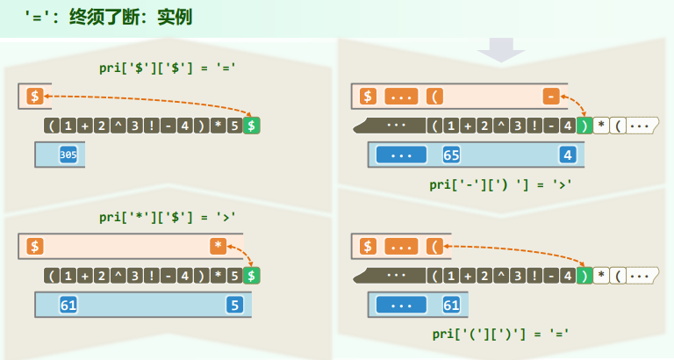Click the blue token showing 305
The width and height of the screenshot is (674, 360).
pyautogui.click(x=68, y=155)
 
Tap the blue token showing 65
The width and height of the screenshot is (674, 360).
pyautogui.click(x=452, y=155)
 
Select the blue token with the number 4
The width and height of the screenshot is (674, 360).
pyautogui.click(x=567, y=155)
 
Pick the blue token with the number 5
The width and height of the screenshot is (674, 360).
pyautogui.click(x=234, y=305)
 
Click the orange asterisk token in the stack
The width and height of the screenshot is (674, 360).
pyautogui.click(x=218, y=246)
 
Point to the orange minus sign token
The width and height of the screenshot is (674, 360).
pyautogui.click(x=550, y=96)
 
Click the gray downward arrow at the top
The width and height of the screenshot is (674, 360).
pyautogui.click(x=501, y=50)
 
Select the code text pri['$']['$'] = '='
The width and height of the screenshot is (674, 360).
pyautogui.click(x=169, y=67)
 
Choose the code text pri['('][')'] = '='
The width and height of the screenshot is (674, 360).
pyautogui.click(x=501, y=334)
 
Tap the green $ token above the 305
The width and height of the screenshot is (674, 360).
pyautogui.click(x=252, y=126)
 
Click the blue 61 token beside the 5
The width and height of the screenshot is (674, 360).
pyautogui.click(x=68, y=305)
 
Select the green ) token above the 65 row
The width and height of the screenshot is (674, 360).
pyautogui.click(x=584, y=126)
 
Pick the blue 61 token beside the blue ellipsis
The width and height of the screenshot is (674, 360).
pyautogui.click(x=452, y=305)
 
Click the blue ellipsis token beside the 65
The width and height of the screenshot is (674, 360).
pyautogui.click(x=401, y=155)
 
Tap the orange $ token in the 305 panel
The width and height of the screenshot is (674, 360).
pyautogui.click(x=34, y=96)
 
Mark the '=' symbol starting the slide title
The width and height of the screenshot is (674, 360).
pyautogui.click(x=37, y=17)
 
